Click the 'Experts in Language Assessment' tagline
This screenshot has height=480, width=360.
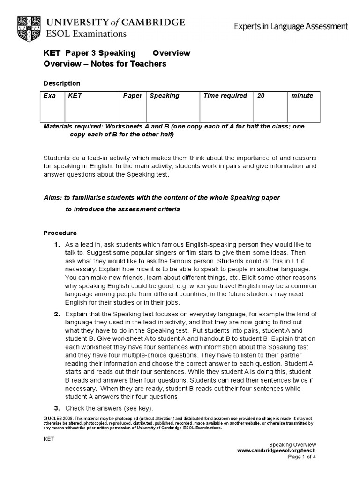[291, 26]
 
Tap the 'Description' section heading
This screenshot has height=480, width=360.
[62, 83]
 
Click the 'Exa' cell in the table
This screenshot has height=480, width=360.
[49, 96]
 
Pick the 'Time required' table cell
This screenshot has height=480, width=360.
[225, 96]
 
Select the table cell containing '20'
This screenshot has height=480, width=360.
[261, 96]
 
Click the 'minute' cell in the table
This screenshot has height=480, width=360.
[302, 96]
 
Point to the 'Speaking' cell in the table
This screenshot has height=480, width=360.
[164, 96]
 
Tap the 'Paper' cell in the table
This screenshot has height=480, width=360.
[133, 96]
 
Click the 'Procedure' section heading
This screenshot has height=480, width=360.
[60, 232]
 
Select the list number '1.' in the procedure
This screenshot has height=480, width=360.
[57, 245]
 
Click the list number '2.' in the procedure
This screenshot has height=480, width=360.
[57, 313]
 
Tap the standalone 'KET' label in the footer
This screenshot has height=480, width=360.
[49, 439]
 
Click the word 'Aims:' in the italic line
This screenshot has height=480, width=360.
[52, 197]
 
